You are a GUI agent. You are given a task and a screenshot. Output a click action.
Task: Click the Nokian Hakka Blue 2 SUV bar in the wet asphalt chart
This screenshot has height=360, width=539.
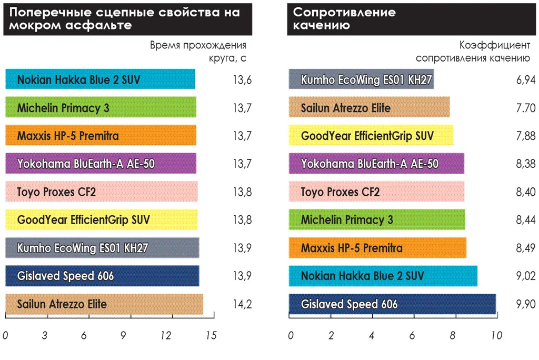pyautogui.click(x=100, y=79)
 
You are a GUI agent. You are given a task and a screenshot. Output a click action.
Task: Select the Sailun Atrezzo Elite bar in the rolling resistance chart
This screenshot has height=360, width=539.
pyautogui.click(x=369, y=108)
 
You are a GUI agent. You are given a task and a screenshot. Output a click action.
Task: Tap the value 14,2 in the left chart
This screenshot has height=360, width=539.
pyautogui.click(x=242, y=304)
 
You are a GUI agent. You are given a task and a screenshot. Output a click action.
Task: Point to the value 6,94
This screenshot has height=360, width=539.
pyautogui.click(x=526, y=80)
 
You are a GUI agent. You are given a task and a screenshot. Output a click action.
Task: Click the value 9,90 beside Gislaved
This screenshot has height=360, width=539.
pyautogui.click(x=526, y=304)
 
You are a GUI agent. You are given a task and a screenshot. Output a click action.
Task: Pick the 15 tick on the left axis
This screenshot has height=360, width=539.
pyautogui.click(x=211, y=336)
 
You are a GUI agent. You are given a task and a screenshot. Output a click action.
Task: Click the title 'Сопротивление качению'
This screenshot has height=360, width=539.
pyautogui.click(x=344, y=18)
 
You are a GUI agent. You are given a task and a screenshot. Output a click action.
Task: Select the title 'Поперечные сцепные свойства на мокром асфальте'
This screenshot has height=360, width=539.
pyautogui.click(x=124, y=18)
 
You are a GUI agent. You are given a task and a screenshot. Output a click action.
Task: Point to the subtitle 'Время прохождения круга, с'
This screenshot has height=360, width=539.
pyautogui.click(x=198, y=52)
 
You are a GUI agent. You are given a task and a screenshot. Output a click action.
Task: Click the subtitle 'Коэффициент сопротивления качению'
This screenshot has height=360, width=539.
pyautogui.click(x=473, y=52)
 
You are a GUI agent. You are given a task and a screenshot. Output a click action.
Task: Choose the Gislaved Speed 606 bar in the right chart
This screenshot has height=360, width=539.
pyautogui.click(x=392, y=304)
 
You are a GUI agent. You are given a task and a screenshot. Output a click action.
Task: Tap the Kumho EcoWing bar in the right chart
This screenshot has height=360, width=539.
pyautogui.click(x=361, y=79)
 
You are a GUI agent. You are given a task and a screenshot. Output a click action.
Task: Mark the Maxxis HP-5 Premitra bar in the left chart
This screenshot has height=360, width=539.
pyautogui.click(x=101, y=136)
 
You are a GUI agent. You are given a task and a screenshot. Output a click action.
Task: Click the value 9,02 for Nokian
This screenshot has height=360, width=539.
pyautogui.click(x=526, y=276)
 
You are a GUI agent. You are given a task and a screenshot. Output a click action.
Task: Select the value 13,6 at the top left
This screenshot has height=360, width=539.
pyautogui.click(x=242, y=80)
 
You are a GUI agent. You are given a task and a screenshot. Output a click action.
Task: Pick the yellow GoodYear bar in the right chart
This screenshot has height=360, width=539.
pyautogui.click(x=371, y=136)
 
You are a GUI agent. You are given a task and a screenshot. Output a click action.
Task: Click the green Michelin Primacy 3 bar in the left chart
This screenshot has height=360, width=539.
pyautogui.click(x=101, y=108)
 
